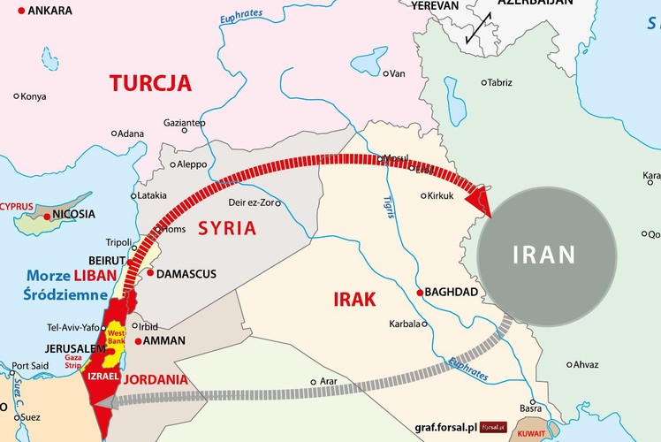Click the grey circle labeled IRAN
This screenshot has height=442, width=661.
tap(545, 255)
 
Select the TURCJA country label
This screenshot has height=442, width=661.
tap(150, 84)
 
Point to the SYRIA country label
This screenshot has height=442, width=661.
tap(226, 228)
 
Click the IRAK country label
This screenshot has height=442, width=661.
tap(354, 299)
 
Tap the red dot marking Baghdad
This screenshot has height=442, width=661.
tap(419, 292)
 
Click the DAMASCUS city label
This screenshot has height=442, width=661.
tap(188, 274)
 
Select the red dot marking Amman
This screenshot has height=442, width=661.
tap(139, 340)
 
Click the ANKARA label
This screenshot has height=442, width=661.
tap(50, 11)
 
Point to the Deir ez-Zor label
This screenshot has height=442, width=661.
tap(254, 202)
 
